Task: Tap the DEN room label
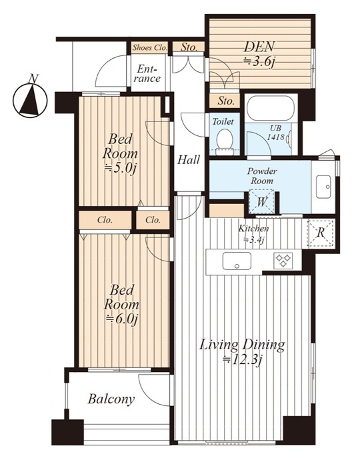pos(259,47)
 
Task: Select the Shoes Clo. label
pos(149,47)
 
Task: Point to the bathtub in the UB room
pos(271,108)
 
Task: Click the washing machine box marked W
pos(262,201)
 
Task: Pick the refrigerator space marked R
pos(321,233)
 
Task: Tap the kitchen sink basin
pos(237,261)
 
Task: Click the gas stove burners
pos(283,261)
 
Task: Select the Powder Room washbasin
pos(323,187)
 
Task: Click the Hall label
pos(188,160)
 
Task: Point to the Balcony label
pos(111,399)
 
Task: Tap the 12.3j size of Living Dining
pos(245,359)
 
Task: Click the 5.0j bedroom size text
pos(120,169)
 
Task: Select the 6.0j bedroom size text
pos(121,319)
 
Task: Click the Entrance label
pos(148,74)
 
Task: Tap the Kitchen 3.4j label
pos(253,234)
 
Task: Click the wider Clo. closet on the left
pos(105,220)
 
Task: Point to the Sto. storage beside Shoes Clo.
pos(189,47)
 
